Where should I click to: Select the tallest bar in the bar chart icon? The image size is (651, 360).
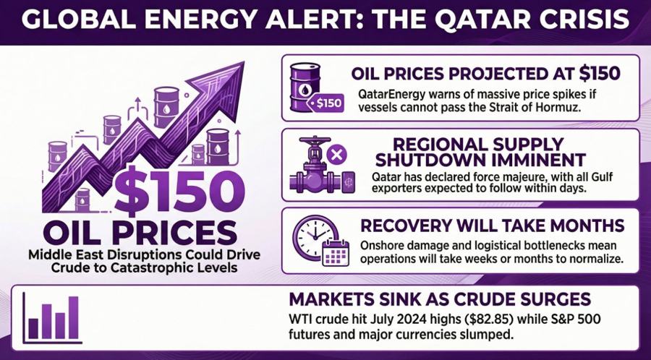(x=72, y=316)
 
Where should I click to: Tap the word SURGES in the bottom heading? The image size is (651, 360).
(x=554, y=299)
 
